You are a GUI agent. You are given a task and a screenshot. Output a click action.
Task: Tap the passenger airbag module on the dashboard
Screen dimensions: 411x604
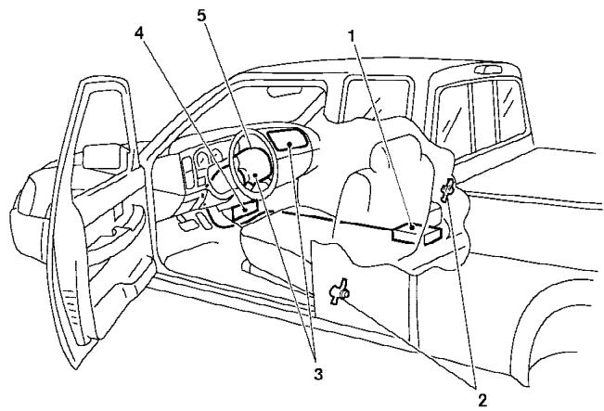pos(286,140)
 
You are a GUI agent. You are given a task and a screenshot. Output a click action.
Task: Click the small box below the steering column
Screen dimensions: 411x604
pos(243,211)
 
